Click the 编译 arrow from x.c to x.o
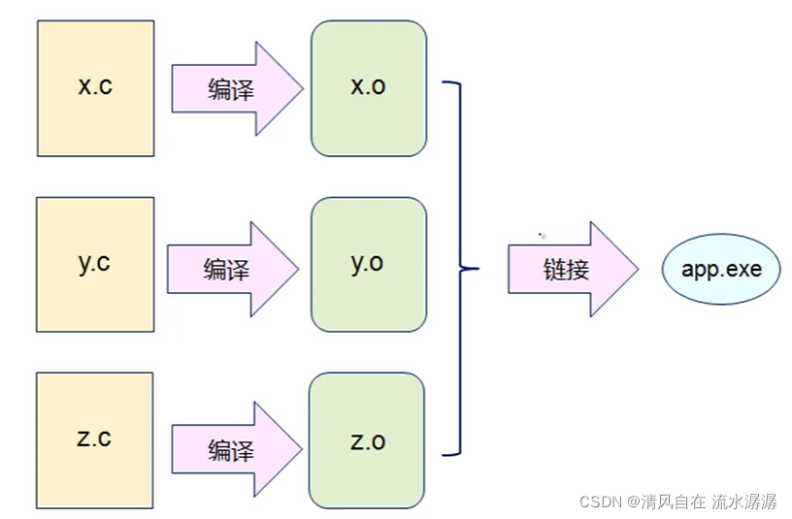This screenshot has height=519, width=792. (x=236, y=89)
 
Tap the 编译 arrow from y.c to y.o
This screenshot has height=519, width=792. (x=231, y=269)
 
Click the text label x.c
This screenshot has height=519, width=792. (x=95, y=85)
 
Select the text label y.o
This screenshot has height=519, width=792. (x=368, y=263)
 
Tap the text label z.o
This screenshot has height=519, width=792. (x=367, y=441)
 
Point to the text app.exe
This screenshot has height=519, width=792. (x=720, y=268)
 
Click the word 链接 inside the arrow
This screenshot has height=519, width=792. (x=566, y=269)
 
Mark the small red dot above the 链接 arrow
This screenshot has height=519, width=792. (x=541, y=234)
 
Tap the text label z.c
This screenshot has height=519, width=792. (x=94, y=438)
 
